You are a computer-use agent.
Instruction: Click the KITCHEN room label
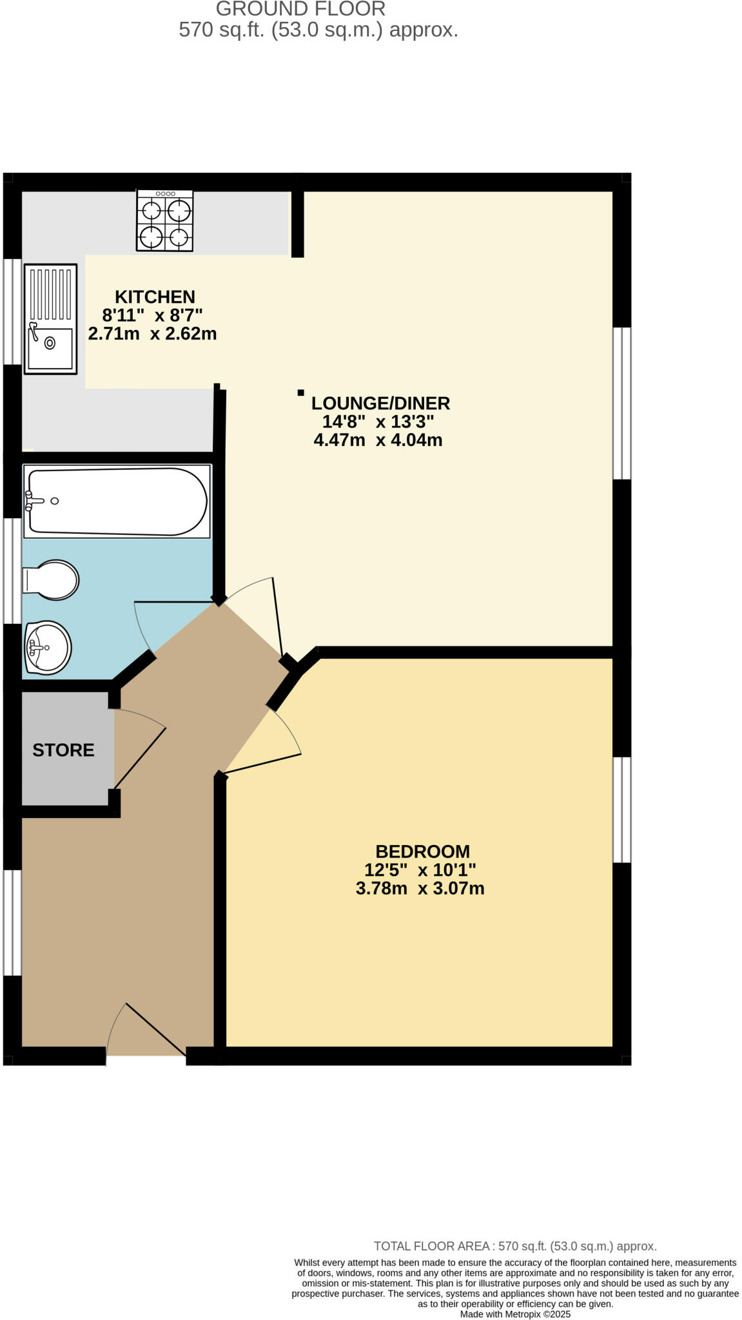coord(155,296)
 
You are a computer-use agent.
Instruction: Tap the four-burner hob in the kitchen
coord(164,220)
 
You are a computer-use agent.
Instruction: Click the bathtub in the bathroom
coord(117,501)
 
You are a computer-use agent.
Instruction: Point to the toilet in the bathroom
coord(52,579)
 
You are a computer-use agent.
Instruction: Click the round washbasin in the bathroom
coord(48,647)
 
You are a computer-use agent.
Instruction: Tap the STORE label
coord(63,750)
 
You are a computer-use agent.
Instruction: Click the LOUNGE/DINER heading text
coord(380,403)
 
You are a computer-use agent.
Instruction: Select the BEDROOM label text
coord(422,851)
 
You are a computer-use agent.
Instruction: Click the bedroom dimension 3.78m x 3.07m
coord(420,888)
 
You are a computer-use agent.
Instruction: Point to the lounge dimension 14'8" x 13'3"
coord(378,422)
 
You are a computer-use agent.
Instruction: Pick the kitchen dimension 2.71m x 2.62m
coord(152,334)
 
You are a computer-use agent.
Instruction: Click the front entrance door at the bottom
coord(147,1030)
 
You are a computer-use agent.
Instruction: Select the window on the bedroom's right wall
coord(621,810)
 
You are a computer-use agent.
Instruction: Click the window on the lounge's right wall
coord(621,403)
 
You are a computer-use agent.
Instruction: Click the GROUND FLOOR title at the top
coord(300,9)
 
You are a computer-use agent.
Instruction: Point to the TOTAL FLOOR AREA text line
coord(515,1246)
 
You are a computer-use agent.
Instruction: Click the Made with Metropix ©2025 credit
coord(515,1314)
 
